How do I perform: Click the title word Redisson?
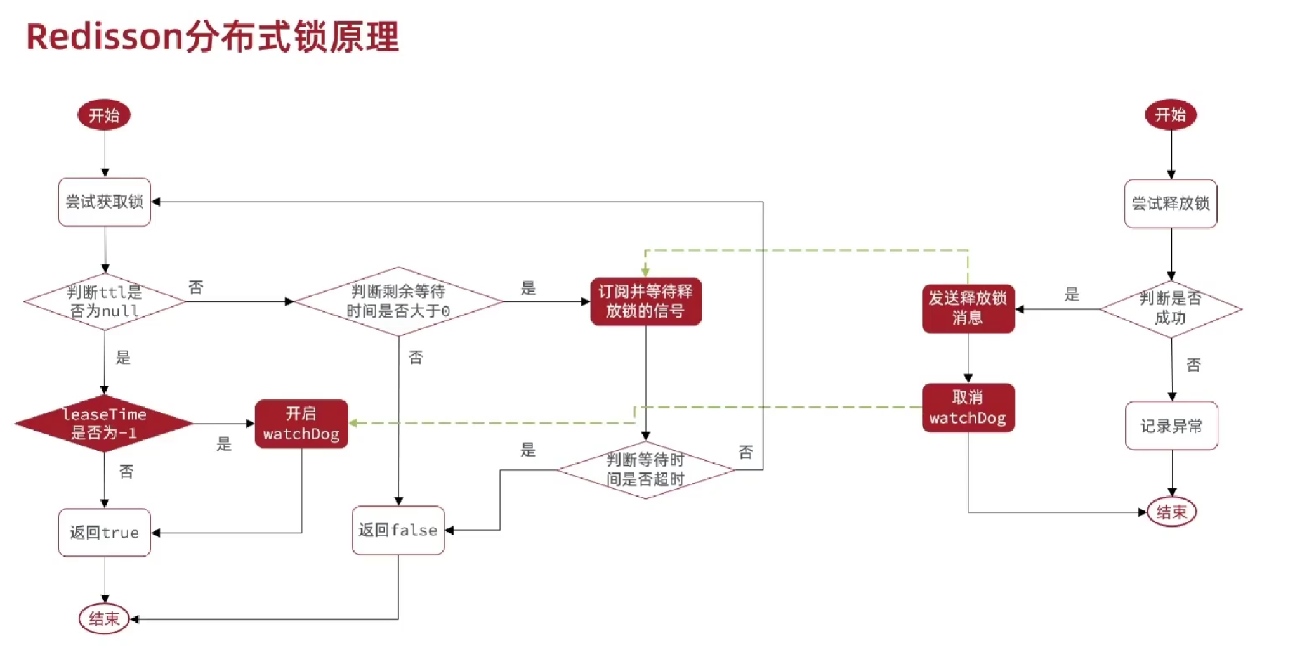(105, 37)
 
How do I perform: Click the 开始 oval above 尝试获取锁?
(104, 115)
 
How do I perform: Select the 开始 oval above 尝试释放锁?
(1171, 115)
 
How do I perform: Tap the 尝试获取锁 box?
(105, 202)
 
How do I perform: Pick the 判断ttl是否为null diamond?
(105, 302)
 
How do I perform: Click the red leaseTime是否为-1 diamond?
(104, 424)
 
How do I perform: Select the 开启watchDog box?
(301, 424)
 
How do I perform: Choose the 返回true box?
(105, 533)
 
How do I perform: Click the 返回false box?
(398, 530)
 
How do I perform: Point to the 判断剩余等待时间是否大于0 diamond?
(398, 301)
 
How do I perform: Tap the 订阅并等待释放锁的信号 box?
(646, 302)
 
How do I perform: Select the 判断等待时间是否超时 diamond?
(646, 470)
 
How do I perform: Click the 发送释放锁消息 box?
(968, 309)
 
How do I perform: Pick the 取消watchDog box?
(968, 408)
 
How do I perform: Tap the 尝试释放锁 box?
(1171, 204)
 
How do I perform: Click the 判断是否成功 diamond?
(1171, 309)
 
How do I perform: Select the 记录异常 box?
(1172, 425)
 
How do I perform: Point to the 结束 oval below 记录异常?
(1172, 512)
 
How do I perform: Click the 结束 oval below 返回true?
(104, 619)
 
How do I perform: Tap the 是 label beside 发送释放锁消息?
(1072, 294)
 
